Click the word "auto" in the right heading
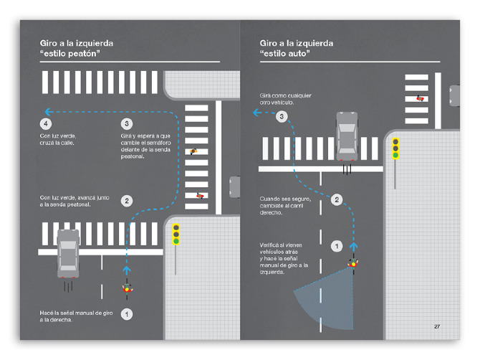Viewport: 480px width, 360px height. (x=298, y=54)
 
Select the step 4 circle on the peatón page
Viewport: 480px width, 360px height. (x=46, y=124)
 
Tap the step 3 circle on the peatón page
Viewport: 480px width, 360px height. (x=127, y=124)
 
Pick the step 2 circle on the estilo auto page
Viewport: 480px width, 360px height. (x=337, y=200)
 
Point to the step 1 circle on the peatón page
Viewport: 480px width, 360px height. (x=127, y=314)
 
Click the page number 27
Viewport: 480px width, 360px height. (x=437, y=326)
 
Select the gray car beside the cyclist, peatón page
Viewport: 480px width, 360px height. (x=68, y=253)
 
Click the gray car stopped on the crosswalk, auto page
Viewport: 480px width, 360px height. (x=347, y=136)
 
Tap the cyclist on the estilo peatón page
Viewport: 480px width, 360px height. (x=127, y=288)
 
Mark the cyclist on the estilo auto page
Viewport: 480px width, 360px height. (x=353, y=263)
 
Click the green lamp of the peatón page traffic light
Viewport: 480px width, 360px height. (x=176, y=242)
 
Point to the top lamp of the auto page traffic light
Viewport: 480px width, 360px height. (x=395, y=142)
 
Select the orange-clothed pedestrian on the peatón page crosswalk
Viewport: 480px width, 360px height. (x=193, y=151)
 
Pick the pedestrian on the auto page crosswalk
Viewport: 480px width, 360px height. (x=420, y=98)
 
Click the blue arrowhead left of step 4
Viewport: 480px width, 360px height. (x=48, y=112)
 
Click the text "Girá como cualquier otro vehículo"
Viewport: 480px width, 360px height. (x=285, y=99)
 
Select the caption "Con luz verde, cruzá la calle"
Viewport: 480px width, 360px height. (x=58, y=139)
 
